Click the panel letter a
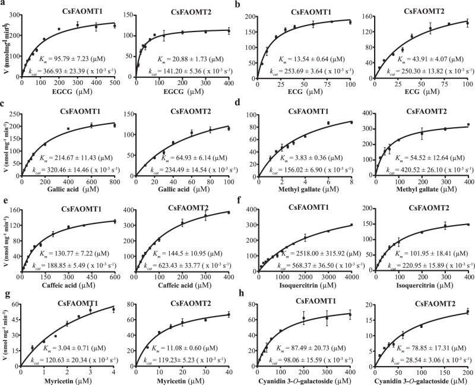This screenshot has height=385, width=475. pos(4,4)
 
